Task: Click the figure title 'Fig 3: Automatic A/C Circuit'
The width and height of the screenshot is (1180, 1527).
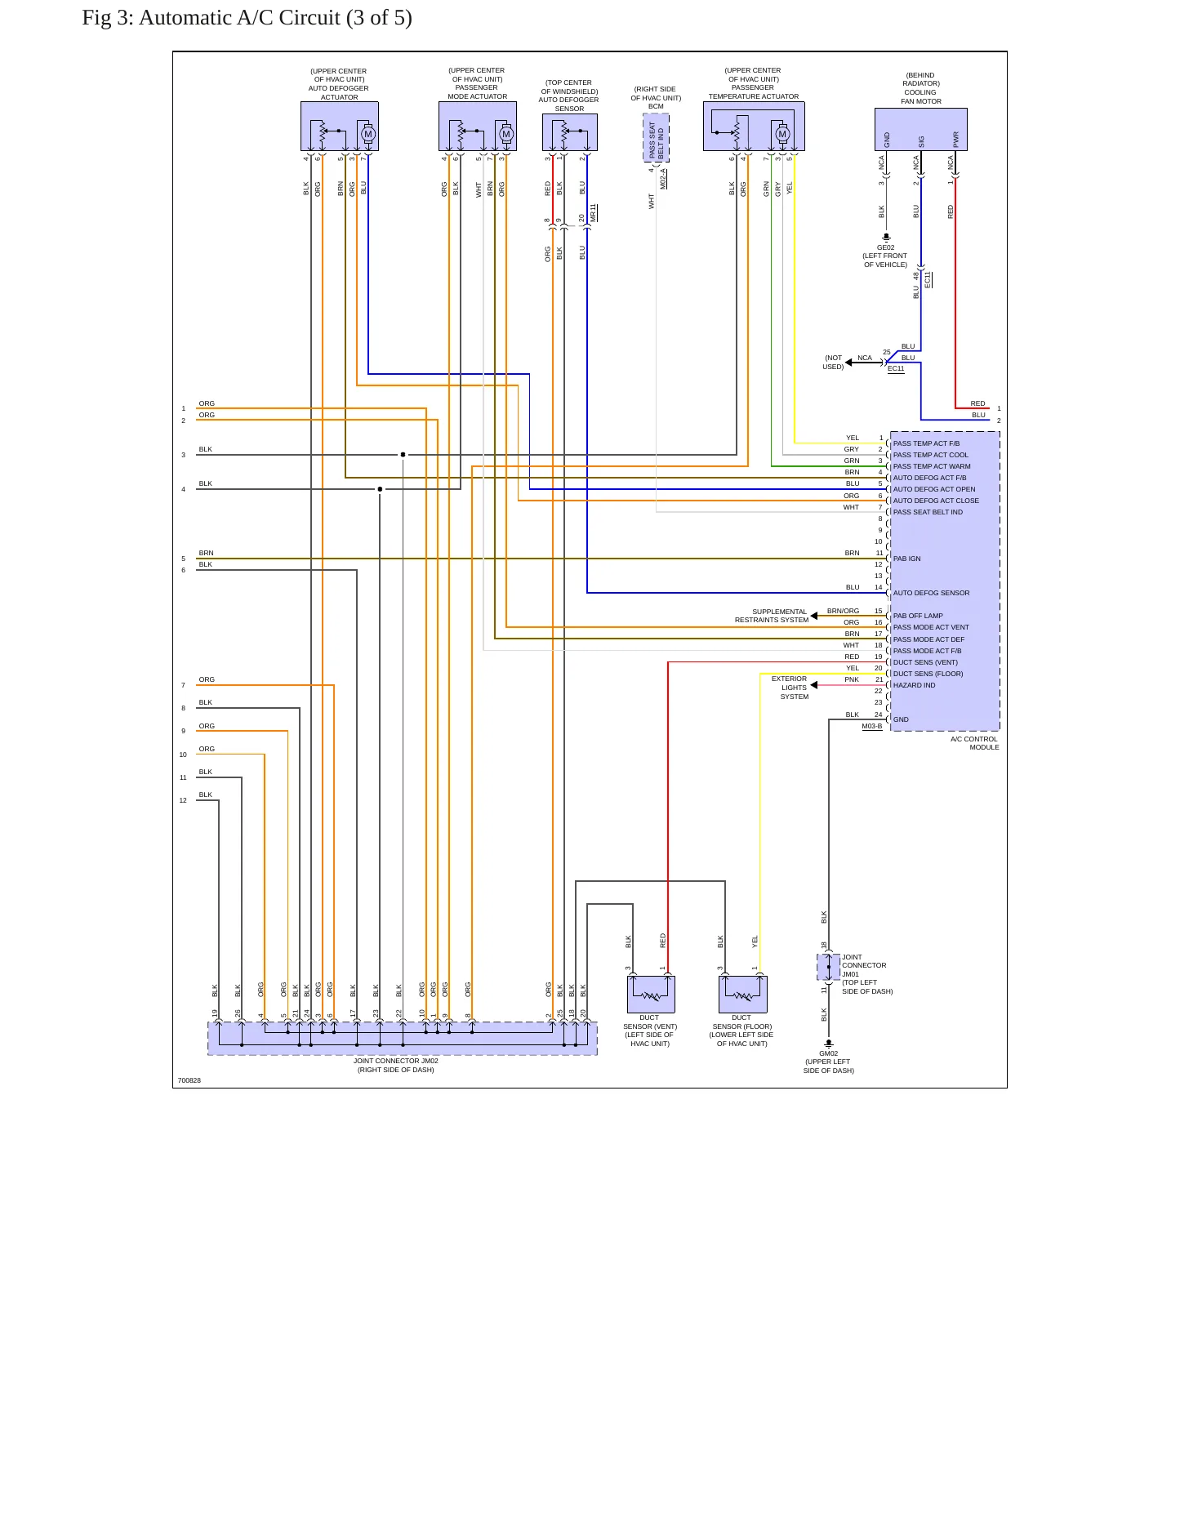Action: click(212, 18)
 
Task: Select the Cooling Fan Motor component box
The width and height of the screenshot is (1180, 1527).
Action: click(921, 129)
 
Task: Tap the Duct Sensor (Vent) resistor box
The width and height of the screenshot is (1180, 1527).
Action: click(651, 994)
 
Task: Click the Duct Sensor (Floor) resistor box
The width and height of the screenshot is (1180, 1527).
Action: click(743, 994)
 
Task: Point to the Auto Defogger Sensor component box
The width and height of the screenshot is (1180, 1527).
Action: click(570, 132)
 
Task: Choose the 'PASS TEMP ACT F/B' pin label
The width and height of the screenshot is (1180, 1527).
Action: click(926, 443)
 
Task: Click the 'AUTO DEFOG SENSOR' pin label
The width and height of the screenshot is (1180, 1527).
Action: click(931, 593)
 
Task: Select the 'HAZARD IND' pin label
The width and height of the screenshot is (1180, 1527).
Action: click(914, 685)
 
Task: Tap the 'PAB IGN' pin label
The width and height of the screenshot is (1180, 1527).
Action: click(906, 559)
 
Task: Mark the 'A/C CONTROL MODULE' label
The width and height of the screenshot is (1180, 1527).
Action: click(974, 743)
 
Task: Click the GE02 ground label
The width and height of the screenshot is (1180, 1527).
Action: click(885, 247)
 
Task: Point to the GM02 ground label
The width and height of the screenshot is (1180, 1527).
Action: click(828, 1053)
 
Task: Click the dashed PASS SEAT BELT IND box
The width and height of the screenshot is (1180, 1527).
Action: click(656, 138)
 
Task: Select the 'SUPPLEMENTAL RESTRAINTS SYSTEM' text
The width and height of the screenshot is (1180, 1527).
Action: click(771, 616)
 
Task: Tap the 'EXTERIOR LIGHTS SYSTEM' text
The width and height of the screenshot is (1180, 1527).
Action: click(790, 688)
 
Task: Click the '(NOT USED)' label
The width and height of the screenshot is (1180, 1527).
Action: click(833, 363)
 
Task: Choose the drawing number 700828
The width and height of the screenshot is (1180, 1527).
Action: click(189, 1080)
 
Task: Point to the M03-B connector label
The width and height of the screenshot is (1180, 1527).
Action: click(871, 726)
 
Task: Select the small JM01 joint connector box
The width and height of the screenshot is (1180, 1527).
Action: click(828, 967)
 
